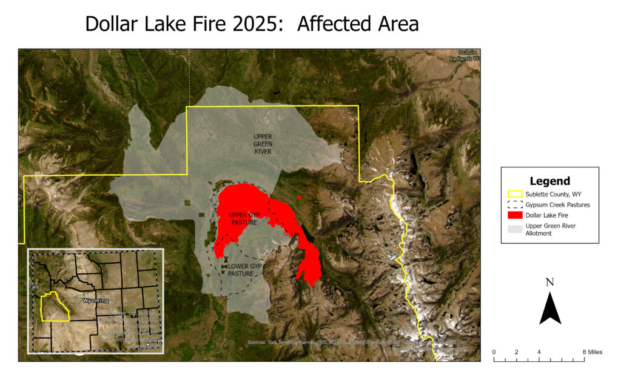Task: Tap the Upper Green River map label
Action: click(x=263, y=144)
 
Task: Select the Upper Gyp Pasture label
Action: click(x=243, y=219)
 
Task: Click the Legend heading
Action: click(x=549, y=181)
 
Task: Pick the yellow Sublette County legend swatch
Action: click(x=515, y=195)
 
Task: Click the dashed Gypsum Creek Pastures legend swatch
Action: click(x=515, y=205)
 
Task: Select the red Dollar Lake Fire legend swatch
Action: click(x=515, y=215)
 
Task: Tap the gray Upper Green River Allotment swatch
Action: click(x=515, y=229)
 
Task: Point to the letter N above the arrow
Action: click(x=549, y=282)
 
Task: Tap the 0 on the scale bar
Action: click(x=494, y=352)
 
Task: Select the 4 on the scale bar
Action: click(x=539, y=352)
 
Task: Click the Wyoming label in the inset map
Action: click(x=95, y=301)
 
